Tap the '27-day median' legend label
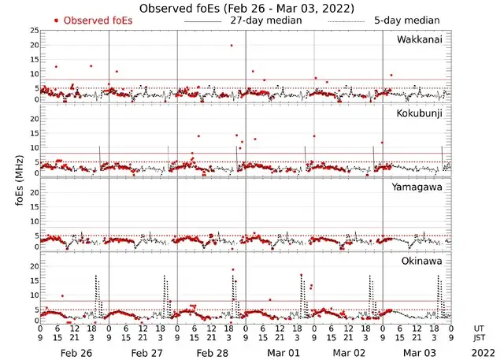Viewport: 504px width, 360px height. click(x=265, y=20)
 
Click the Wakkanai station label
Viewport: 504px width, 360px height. click(x=420, y=39)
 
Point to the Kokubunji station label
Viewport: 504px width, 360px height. click(x=420, y=113)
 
